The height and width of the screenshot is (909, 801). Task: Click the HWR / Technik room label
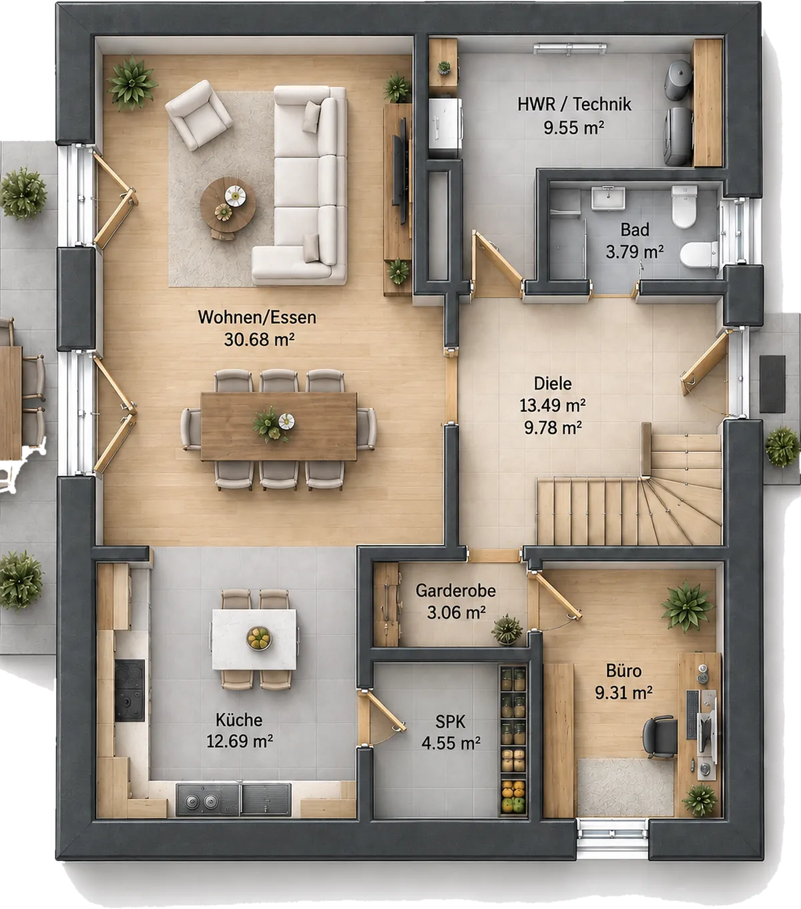[574, 105]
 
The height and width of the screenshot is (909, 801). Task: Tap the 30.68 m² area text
[259, 340]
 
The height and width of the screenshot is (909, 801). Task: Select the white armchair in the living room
[198, 115]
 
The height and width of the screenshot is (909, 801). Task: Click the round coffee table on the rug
[228, 205]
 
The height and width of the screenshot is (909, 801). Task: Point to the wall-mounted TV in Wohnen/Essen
[400, 170]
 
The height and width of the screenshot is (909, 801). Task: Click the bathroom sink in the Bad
[608, 198]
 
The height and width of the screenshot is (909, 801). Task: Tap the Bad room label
[635, 230]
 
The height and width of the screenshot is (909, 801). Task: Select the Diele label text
[553, 384]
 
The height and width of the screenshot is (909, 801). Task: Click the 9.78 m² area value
[553, 428]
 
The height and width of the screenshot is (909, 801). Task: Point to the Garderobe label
[455, 591]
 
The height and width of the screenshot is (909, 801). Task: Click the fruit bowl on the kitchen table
[259, 638]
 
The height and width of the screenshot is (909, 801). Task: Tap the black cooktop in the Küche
[129, 690]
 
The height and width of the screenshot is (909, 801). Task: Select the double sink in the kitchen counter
[234, 800]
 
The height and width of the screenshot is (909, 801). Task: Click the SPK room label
[450, 722]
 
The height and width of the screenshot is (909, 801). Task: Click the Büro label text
[623, 671]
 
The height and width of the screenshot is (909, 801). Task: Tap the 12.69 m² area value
[240, 741]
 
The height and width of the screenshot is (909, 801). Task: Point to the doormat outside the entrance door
[772, 384]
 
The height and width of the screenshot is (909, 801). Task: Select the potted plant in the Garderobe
[507, 630]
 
